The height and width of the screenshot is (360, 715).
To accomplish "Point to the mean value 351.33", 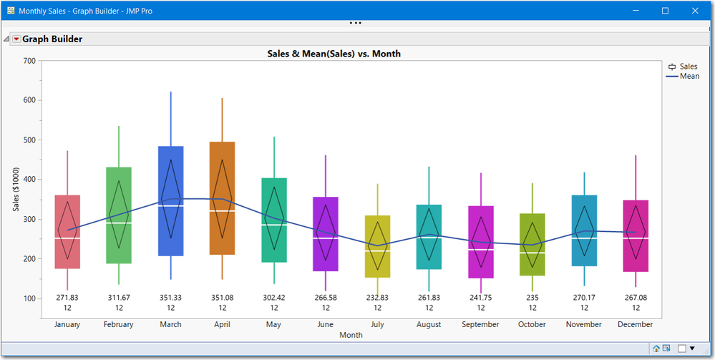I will click(171, 297).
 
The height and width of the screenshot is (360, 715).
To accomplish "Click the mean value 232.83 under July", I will click(377, 297).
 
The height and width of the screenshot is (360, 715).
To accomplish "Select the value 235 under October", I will click(532, 297).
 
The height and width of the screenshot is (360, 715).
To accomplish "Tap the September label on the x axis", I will click(480, 324).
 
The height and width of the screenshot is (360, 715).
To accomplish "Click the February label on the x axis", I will click(119, 324).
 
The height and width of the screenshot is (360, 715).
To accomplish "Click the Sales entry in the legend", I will click(688, 67).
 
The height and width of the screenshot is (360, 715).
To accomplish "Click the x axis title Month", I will click(351, 334).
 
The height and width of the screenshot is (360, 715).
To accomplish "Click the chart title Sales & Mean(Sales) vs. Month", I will click(334, 54).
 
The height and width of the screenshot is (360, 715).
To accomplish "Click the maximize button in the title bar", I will click(665, 11).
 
